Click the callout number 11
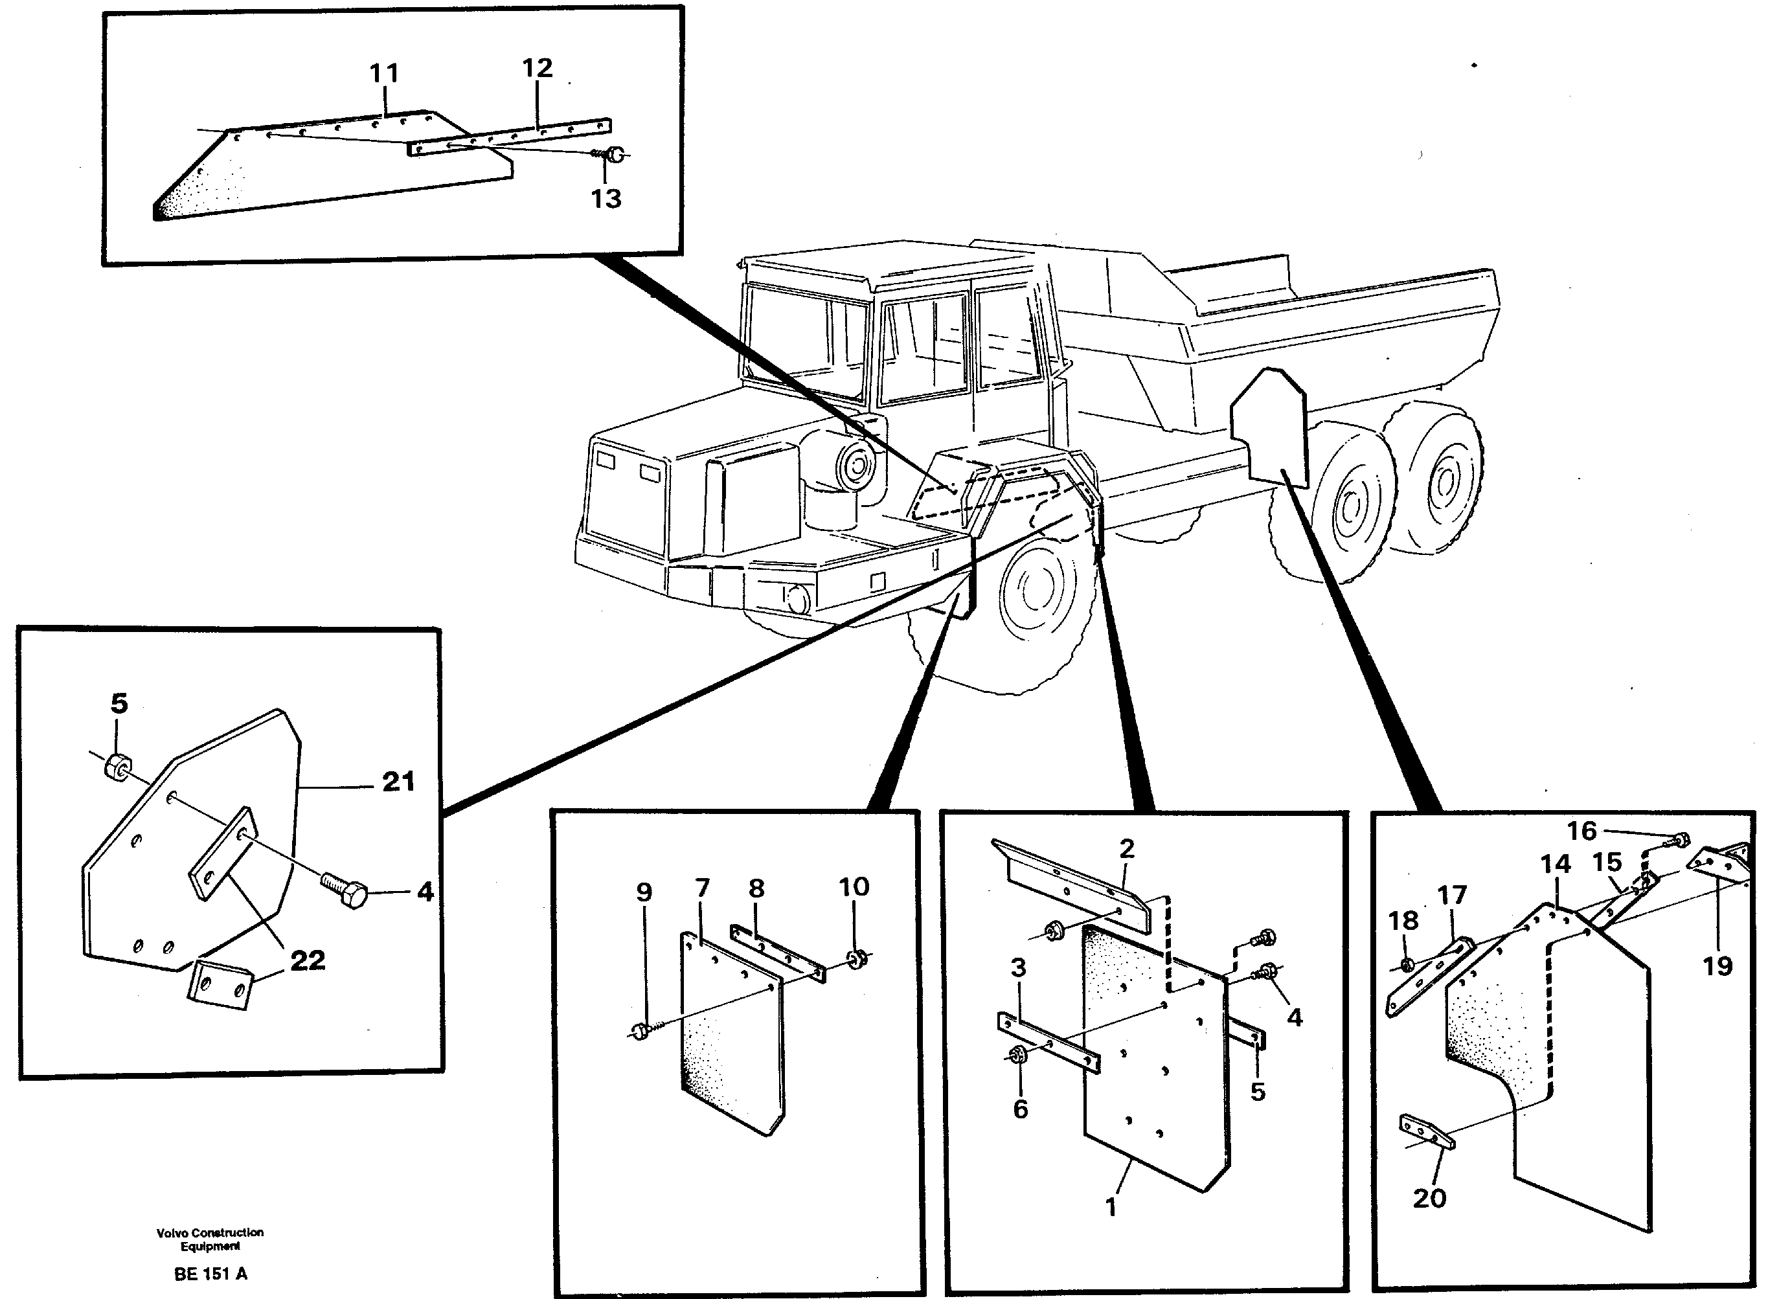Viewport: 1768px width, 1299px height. click(384, 74)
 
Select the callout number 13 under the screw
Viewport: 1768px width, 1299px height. click(606, 198)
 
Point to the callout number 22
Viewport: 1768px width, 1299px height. click(307, 960)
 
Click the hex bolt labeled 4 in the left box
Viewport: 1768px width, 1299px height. click(345, 892)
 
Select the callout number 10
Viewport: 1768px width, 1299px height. click(854, 887)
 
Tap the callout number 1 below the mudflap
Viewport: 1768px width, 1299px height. click(1111, 1207)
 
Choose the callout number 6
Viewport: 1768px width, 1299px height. click(1020, 1109)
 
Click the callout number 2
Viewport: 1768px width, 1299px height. click(1126, 848)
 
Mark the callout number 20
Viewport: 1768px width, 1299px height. click(1429, 1199)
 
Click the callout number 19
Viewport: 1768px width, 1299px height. click(1717, 966)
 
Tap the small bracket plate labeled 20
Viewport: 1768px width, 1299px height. click(1426, 1131)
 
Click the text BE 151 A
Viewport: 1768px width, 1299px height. click(210, 1274)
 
